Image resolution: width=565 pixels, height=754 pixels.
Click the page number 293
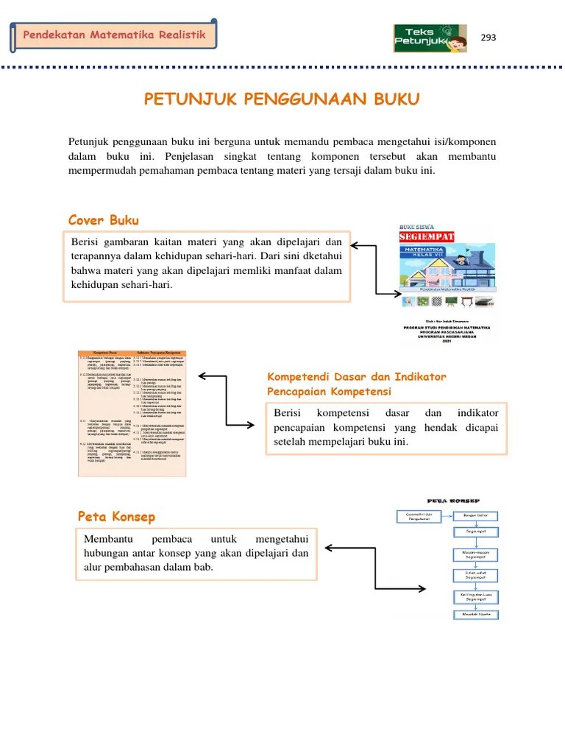[488, 38]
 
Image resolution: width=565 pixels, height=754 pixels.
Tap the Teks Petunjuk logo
[430, 38]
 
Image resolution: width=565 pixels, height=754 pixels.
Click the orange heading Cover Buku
[103, 220]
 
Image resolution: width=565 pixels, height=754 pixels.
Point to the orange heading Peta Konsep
[116, 516]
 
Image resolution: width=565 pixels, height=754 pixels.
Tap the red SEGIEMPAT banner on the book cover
[427, 237]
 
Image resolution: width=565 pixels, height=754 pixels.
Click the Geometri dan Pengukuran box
[418, 516]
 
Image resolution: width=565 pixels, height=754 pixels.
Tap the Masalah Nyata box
[475, 614]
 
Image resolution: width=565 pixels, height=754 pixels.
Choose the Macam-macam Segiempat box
[475, 553]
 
